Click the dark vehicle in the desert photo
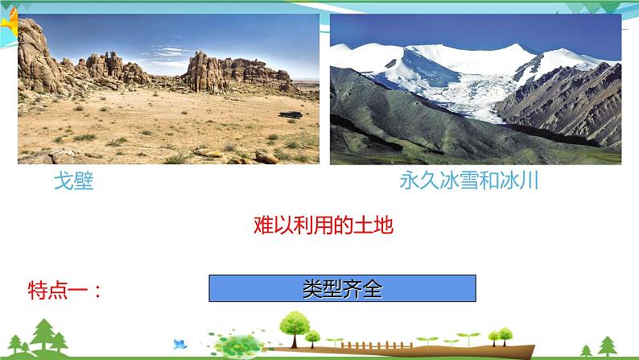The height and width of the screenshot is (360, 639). [x=291, y=114]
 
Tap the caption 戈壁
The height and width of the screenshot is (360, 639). [x=74, y=180]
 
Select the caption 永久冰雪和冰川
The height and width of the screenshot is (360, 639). [x=469, y=180]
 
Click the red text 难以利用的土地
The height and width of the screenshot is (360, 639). [x=324, y=225]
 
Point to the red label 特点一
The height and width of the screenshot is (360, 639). [x=58, y=290]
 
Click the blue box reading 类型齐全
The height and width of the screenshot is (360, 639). [x=342, y=288]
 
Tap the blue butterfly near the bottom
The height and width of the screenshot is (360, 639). [x=179, y=344]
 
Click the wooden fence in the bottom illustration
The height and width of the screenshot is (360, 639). [x=377, y=346]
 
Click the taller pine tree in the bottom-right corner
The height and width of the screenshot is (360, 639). [x=608, y=346]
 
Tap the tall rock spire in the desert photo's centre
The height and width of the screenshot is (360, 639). [x=203, y=72]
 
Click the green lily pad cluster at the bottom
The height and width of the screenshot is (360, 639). [x=238, y=345]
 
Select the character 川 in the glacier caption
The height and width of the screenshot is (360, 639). [x=530, y=180]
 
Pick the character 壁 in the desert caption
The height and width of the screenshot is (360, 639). [x=84, y=180]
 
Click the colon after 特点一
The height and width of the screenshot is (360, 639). [x=97, y=291]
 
